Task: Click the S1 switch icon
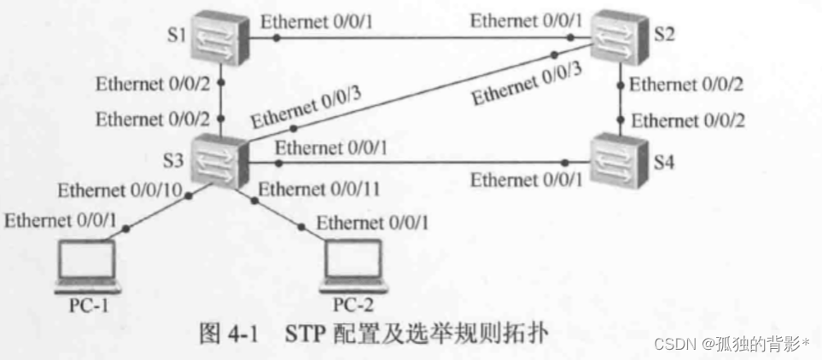[219, 38]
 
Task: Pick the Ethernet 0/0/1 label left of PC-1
[60, 221]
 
